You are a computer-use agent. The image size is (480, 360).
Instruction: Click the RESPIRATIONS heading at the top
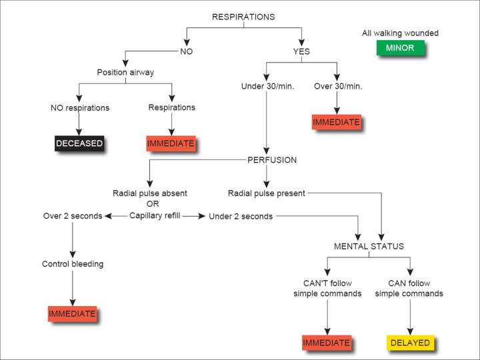[x=243, y=17]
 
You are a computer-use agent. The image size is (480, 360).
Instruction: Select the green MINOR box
[x=399, y=48]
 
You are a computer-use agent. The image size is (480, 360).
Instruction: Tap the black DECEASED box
[x=79, y=143]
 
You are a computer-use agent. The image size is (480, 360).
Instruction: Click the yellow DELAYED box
[x=409, y=343]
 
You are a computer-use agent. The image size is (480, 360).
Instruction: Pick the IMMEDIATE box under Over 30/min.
[x=336, y=122]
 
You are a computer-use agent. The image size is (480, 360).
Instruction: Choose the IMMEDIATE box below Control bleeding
[x=72, y=313]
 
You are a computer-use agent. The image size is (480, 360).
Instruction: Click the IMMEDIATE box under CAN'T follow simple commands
[x=327, y=343]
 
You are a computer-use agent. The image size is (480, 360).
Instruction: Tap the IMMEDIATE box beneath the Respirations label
[x=171, y=143]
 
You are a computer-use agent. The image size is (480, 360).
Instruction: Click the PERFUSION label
[x=272, y=160]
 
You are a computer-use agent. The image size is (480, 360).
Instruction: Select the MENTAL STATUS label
[x=369, y=246]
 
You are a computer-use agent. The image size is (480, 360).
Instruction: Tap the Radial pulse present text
[x=266, y=193]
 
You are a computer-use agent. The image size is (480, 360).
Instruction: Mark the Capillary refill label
[x=155, y=215]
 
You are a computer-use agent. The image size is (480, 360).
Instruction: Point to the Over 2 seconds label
[x=73, y=216]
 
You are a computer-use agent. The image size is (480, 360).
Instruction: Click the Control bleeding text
[x=72, y=264]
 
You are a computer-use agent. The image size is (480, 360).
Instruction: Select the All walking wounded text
[x=400, y=33]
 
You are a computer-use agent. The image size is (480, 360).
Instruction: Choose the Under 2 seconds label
[x=240, y=216]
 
